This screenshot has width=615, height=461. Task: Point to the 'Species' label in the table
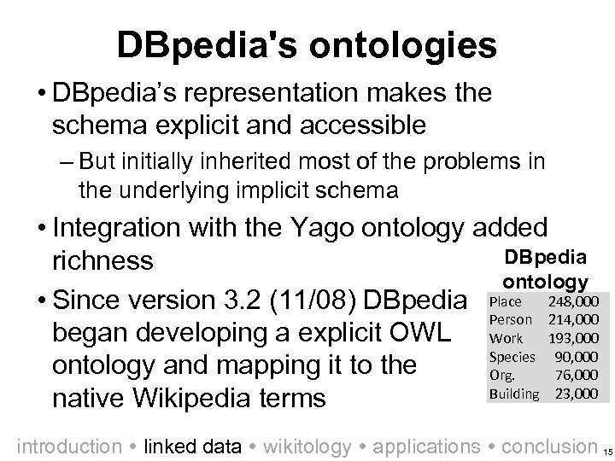(x=512, y=357)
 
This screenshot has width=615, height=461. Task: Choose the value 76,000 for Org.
(x=577, y=375)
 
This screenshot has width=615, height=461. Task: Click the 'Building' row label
(x=514, y=394)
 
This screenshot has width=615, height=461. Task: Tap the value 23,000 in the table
(x=577, y=394)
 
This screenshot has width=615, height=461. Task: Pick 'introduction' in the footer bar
(x=69, y=446)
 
